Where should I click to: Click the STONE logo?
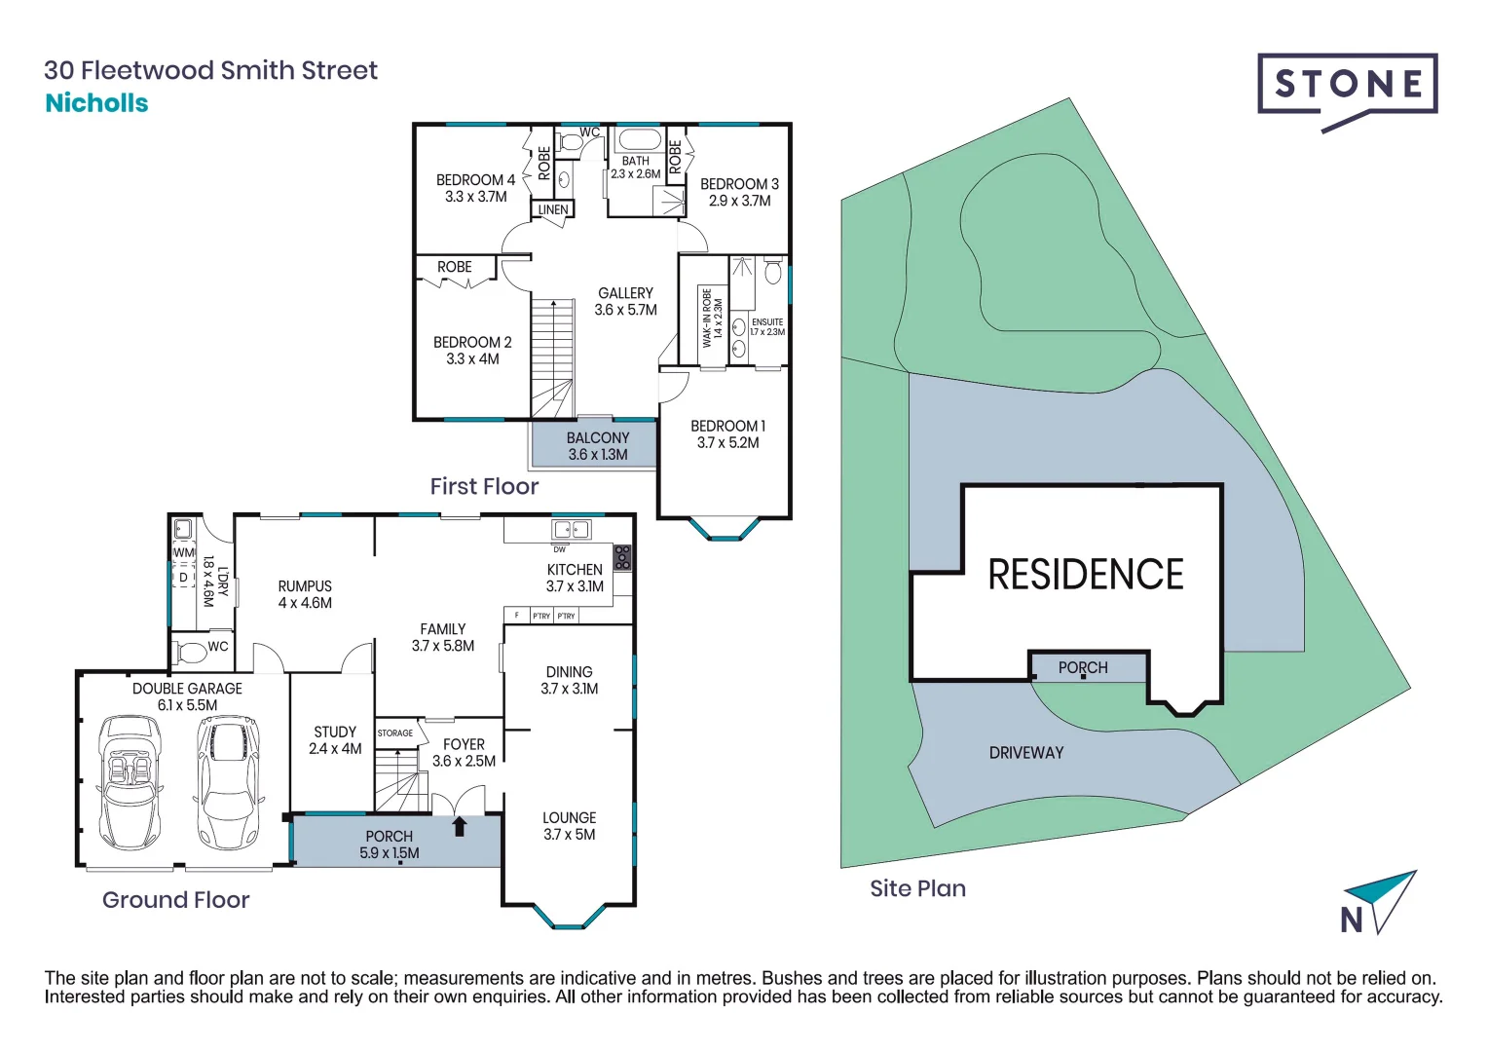tap(1347, 86)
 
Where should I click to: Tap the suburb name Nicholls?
tap(96, 103)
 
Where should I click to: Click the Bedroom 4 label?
tap(475, 180)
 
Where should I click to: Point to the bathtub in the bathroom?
tap(639, 139)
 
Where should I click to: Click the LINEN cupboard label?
tap(553, 209)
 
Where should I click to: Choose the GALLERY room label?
tap(625, 293)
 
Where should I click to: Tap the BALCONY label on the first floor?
tap(598, 438)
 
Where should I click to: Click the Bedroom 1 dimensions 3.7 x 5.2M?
tap(727, 443)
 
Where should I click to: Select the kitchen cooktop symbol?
tap(622, 557)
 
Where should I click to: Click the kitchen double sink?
tap(572, 530)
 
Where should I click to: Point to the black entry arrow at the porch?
tap(460, 826)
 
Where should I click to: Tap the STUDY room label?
tap(335, 732)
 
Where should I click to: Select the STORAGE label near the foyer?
tap(394, 733)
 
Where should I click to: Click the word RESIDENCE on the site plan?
tap(1086, 575)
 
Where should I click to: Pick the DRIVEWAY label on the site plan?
tap(1026, 753)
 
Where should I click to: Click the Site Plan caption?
tap(917, 888)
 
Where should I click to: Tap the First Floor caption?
tap(484, 486)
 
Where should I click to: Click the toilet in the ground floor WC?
tap(192, 651)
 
